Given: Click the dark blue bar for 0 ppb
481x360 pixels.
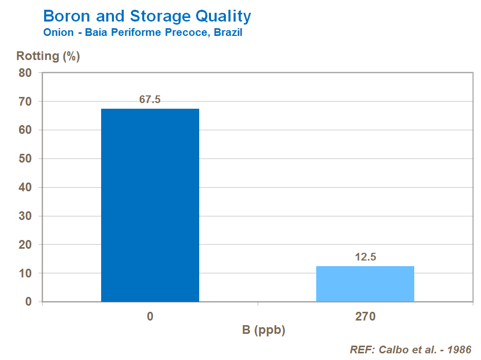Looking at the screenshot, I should coord(150,205).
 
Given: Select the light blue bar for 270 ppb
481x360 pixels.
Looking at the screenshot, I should coord(365,284).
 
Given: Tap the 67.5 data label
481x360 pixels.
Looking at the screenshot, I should coord(150,99).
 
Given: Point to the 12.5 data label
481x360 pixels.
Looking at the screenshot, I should coord(365,257).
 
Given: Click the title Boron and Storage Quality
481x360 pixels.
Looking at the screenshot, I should coord(147,16).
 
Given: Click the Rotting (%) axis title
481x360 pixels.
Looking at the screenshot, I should coord(48,56).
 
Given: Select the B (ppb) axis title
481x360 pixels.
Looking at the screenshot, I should coord(263,330).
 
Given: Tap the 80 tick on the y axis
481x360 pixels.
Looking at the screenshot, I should coord(26,73).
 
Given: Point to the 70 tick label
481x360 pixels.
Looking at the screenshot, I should coord(26,102).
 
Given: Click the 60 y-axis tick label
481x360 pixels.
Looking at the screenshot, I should coord(26,130).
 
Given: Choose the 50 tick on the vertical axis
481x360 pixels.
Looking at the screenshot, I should coord(26,159).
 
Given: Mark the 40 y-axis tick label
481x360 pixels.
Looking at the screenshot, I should coord(26,188).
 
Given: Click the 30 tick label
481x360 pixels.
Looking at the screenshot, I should coord(26,216).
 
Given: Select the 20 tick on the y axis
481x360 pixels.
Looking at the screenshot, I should coord(26,245).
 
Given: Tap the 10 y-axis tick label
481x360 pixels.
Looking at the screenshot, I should coord(26,274).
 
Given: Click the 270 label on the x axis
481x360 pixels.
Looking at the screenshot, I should coord(365,316).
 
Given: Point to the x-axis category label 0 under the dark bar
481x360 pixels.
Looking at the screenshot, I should coord(150,316).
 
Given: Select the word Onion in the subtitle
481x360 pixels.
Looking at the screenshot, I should coord(58,33).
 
